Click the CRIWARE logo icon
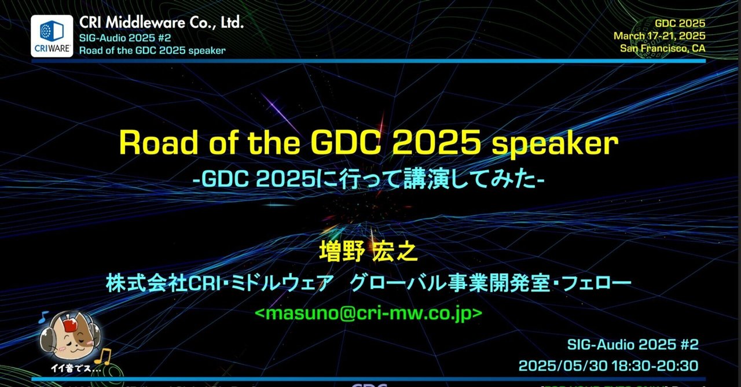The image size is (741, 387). [52, 36]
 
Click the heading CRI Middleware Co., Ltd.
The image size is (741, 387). [162, 23]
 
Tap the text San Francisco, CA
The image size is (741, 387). [662, 48]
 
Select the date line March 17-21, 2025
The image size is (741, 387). [659, 36]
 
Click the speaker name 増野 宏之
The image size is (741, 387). [368, 252]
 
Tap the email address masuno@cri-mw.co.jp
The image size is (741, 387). [368, 312]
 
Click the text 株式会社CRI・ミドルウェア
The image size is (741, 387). [220, 283]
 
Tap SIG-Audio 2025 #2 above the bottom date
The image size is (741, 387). [633, 345]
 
